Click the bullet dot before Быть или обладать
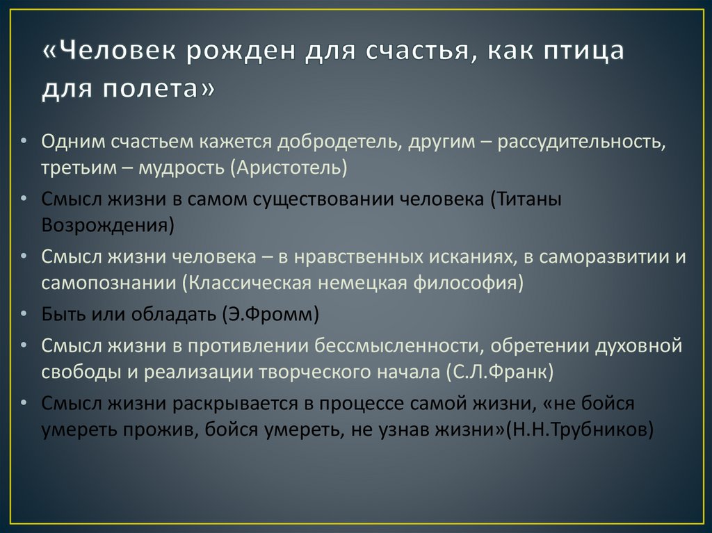click(x=25, y=315)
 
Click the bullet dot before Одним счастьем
click(x=25, y=142)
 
